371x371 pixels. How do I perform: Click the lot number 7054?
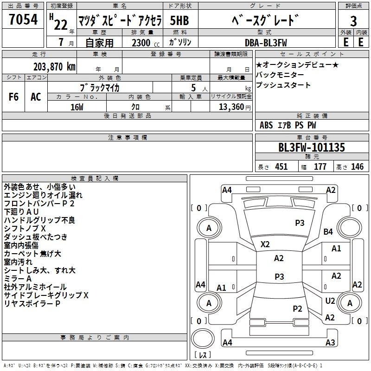23,19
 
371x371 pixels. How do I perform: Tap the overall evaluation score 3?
353,21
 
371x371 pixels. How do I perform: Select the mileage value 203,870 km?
54,67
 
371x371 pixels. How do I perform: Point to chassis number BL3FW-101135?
312,147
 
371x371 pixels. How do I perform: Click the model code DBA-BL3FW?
266,43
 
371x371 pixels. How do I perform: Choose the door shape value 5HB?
179,20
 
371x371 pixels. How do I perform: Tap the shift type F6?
13,97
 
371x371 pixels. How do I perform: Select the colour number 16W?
77,107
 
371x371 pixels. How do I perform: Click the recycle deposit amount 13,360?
231,107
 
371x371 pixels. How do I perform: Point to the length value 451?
281,167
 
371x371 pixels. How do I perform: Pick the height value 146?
357,167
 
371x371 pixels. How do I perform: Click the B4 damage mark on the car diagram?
328,231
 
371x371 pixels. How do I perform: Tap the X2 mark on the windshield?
265,244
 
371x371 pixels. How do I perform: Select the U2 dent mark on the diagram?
330,301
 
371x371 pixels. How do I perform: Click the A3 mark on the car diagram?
330,342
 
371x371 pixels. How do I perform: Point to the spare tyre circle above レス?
203,339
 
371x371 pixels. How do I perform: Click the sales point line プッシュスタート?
283,85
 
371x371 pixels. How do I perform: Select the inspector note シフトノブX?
25,228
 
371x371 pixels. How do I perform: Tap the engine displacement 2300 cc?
146,43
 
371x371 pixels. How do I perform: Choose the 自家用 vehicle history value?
99,43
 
